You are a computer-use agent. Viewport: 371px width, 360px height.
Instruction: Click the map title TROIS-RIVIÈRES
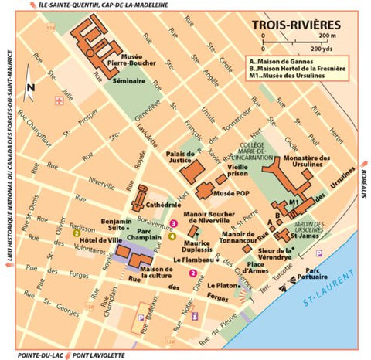click(296, 25)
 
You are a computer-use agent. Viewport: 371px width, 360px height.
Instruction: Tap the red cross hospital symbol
click(59, 101)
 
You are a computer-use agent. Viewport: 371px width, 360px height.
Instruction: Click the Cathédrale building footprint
click(141, 198)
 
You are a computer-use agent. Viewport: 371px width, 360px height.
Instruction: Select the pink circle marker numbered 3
click(174, 223)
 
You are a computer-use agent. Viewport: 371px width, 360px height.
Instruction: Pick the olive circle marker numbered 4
click(172, 236)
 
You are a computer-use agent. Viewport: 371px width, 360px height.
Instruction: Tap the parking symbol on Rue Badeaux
click(141, 318)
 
